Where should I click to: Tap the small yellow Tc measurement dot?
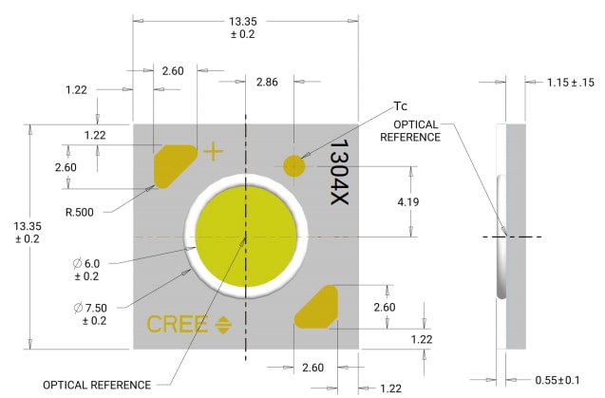[293, 165]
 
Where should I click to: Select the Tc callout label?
[401, 105]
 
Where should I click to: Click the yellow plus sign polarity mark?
[214, 150]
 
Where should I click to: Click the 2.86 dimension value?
[268, 83]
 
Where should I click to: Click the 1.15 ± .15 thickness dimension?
[571, 83]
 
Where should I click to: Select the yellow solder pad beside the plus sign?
[174, 165]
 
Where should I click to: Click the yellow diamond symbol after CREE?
[224, 324]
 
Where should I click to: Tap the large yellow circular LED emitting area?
[246, 236]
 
